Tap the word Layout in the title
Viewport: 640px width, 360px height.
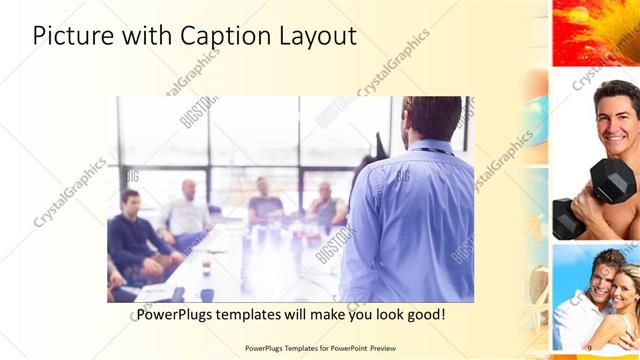pos(317,36)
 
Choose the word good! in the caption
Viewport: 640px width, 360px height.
pos(424,315)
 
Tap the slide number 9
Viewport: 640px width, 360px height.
pos(589,347)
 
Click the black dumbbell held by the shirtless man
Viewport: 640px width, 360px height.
pos(612,180)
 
